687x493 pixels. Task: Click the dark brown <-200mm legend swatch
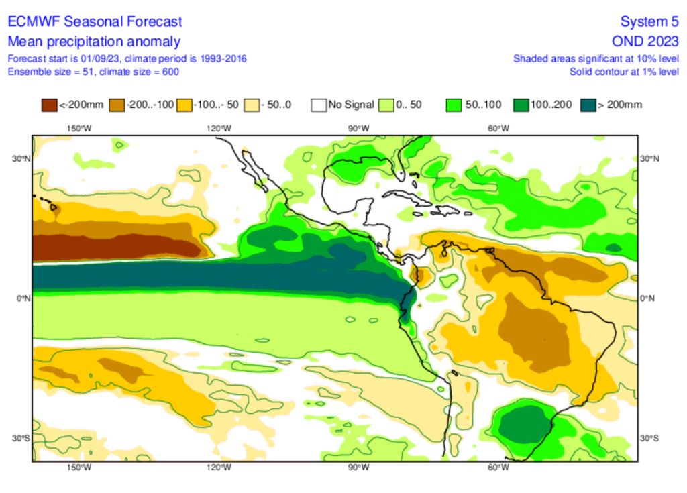pyautogui.click(x=50, y=105)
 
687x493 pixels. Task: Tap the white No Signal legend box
pyautogui.click(x=319, y=105)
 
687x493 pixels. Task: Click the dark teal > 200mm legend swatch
pyautogui.click(x=588, y=105)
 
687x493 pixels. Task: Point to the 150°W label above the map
pyautogui.click(x=78, y=129)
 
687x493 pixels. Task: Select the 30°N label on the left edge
pyautogui.click(x=21, y=158)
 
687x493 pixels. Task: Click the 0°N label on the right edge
pyautogui.click(x=649, y=298)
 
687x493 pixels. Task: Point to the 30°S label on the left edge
pyautogui.click(x=21, y=438)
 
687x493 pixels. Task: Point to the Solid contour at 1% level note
pyautogui.click(x=624, y=71)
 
